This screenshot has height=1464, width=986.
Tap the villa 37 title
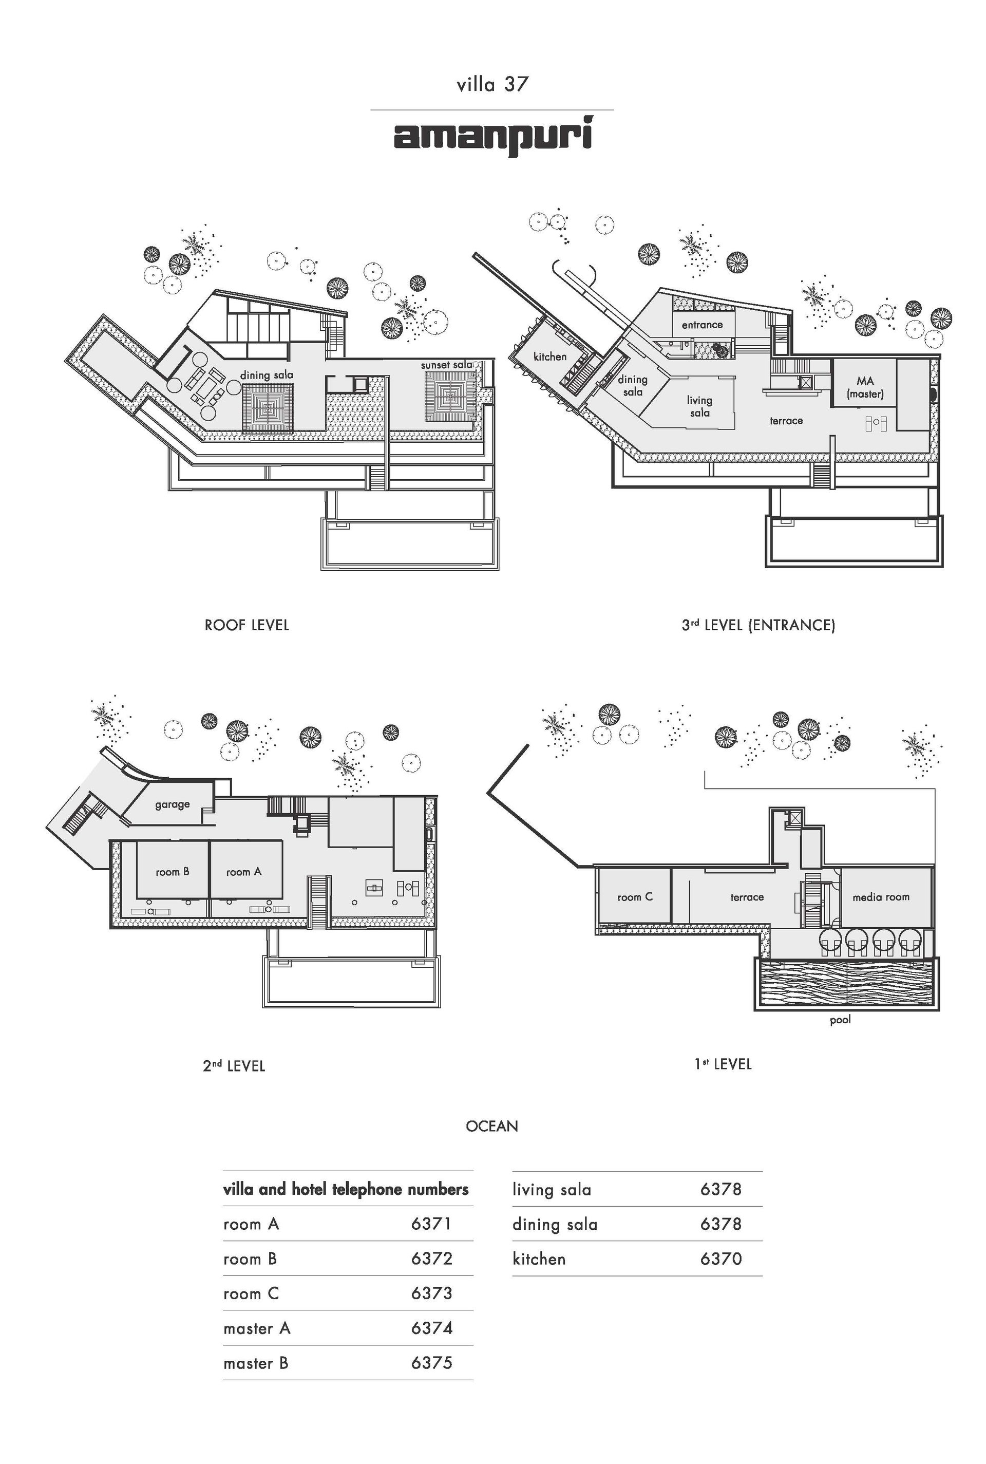[492, 84]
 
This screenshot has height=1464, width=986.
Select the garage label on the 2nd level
[173, 804]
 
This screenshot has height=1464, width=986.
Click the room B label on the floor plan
[173, 872]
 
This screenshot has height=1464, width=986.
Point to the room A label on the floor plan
[244, 872]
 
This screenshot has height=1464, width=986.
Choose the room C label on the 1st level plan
[635, 897]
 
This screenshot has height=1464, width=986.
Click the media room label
[881, 897]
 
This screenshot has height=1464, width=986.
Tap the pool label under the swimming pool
[840, 1019]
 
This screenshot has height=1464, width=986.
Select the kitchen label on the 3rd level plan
[550, 356]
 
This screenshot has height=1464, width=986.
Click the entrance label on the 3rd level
[703, 325]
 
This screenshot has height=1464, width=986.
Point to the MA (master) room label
[865, 387]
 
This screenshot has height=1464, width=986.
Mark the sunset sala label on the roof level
[446, 365]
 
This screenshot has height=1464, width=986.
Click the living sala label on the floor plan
[699, 406]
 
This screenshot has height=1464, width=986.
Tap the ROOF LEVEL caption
[246, 625]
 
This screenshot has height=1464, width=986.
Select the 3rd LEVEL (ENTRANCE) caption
[759, 625]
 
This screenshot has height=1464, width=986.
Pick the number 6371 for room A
[431, 1224]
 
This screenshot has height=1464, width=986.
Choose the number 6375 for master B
[431, 1363]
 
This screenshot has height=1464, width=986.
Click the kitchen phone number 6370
[720, 1259]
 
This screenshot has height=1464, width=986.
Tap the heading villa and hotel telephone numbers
[346, 1189]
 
